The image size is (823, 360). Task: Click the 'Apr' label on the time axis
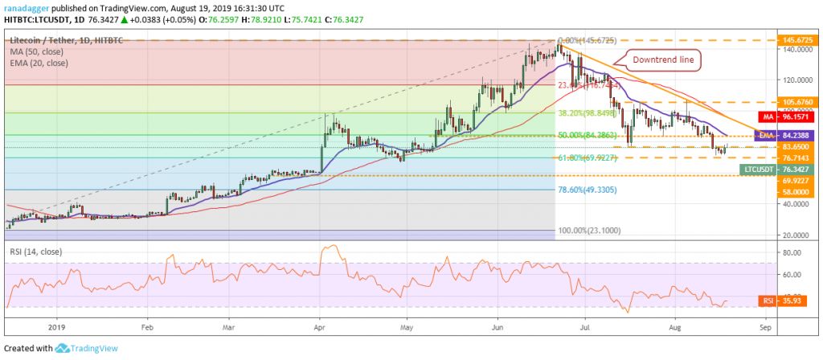coord(319,328)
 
